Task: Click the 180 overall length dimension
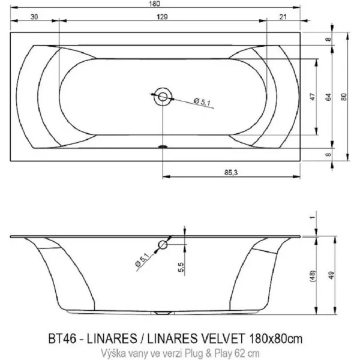pyautogui.click(x=155, y=4)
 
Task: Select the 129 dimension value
pyautogui.click(x=162, y=17)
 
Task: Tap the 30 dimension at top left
pyautogui.click(x=34, y=17)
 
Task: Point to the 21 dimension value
pyautogui.click(x=283, y=17)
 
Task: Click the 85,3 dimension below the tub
pyautogui.click(x=231, y=172)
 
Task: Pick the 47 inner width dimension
pyautogui.click(x=313, y=97)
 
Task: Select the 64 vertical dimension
pyautogui.click(x=329, y=97)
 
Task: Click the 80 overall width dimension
pyautogui.click(x=344, y=97)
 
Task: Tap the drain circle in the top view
pyautogui.click(x=163, y=97)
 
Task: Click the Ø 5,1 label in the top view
pyautogui.click(x=202, y=101)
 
